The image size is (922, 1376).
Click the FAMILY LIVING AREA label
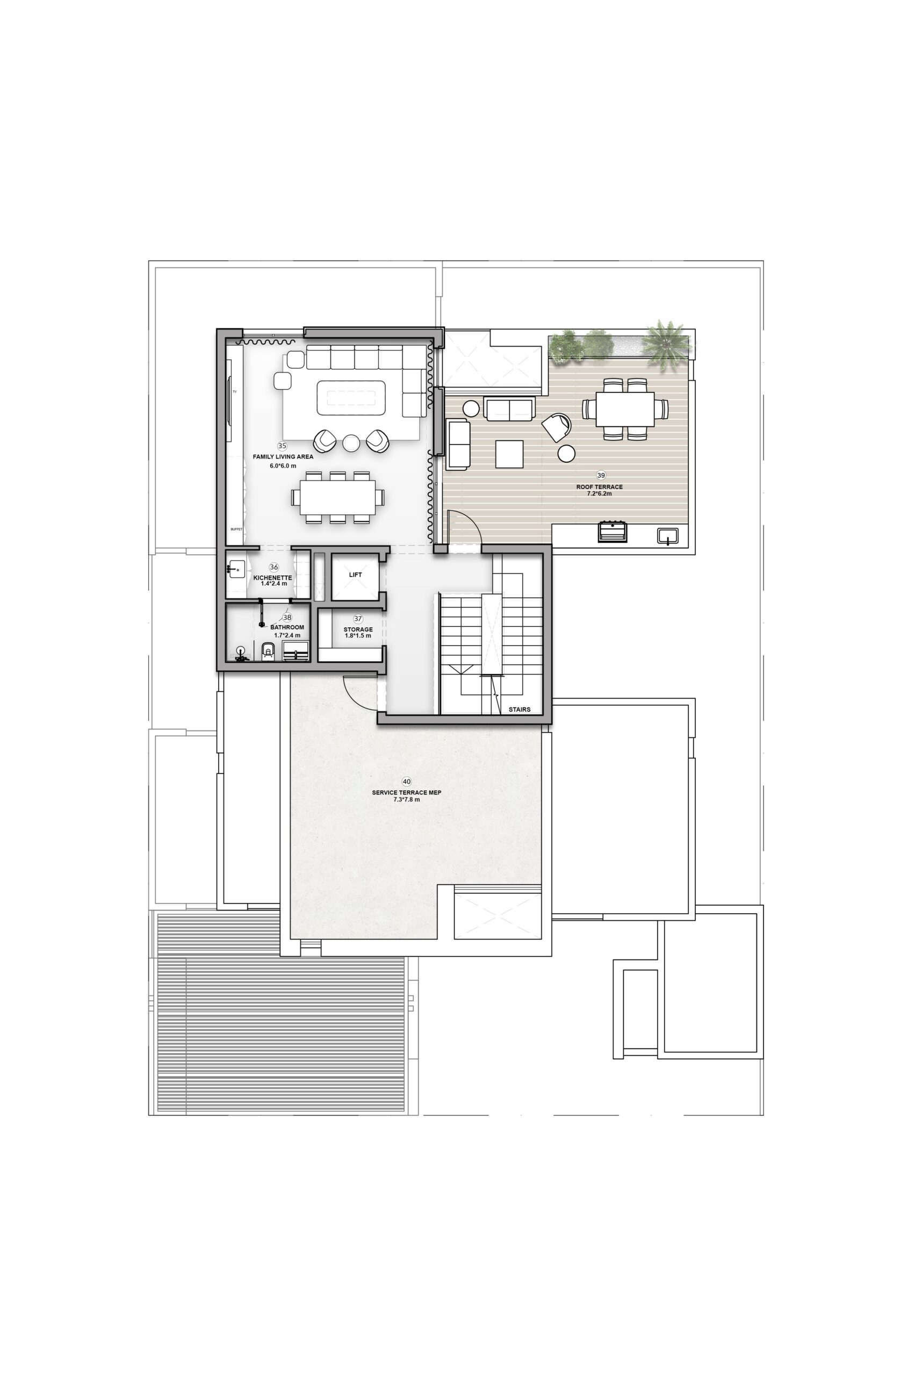(x=283, y=456)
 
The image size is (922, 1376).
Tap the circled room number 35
(x=282, y=446)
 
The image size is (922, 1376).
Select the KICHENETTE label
(x=273, y=578)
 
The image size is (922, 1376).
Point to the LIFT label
(x=355, y=575)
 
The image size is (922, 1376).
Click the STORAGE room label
(x=358, y=629)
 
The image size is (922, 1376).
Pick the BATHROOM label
(x=287, y=627)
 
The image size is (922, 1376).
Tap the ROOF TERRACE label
(x=599, y=487)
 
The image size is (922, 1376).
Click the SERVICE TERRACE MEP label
(x=406, y=792)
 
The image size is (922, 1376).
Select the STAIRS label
(x=520, y=709)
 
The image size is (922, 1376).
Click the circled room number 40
(x=406, y=782)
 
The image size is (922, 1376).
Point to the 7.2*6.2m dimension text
(x=599, y=494)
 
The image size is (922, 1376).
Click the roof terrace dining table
(x=625, y=409)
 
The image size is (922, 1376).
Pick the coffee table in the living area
(x=351, y=398)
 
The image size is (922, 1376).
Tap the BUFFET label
(x=236, y=529)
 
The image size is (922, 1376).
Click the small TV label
(x=235, y=391)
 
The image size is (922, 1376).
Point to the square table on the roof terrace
(x=509, y=454)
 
